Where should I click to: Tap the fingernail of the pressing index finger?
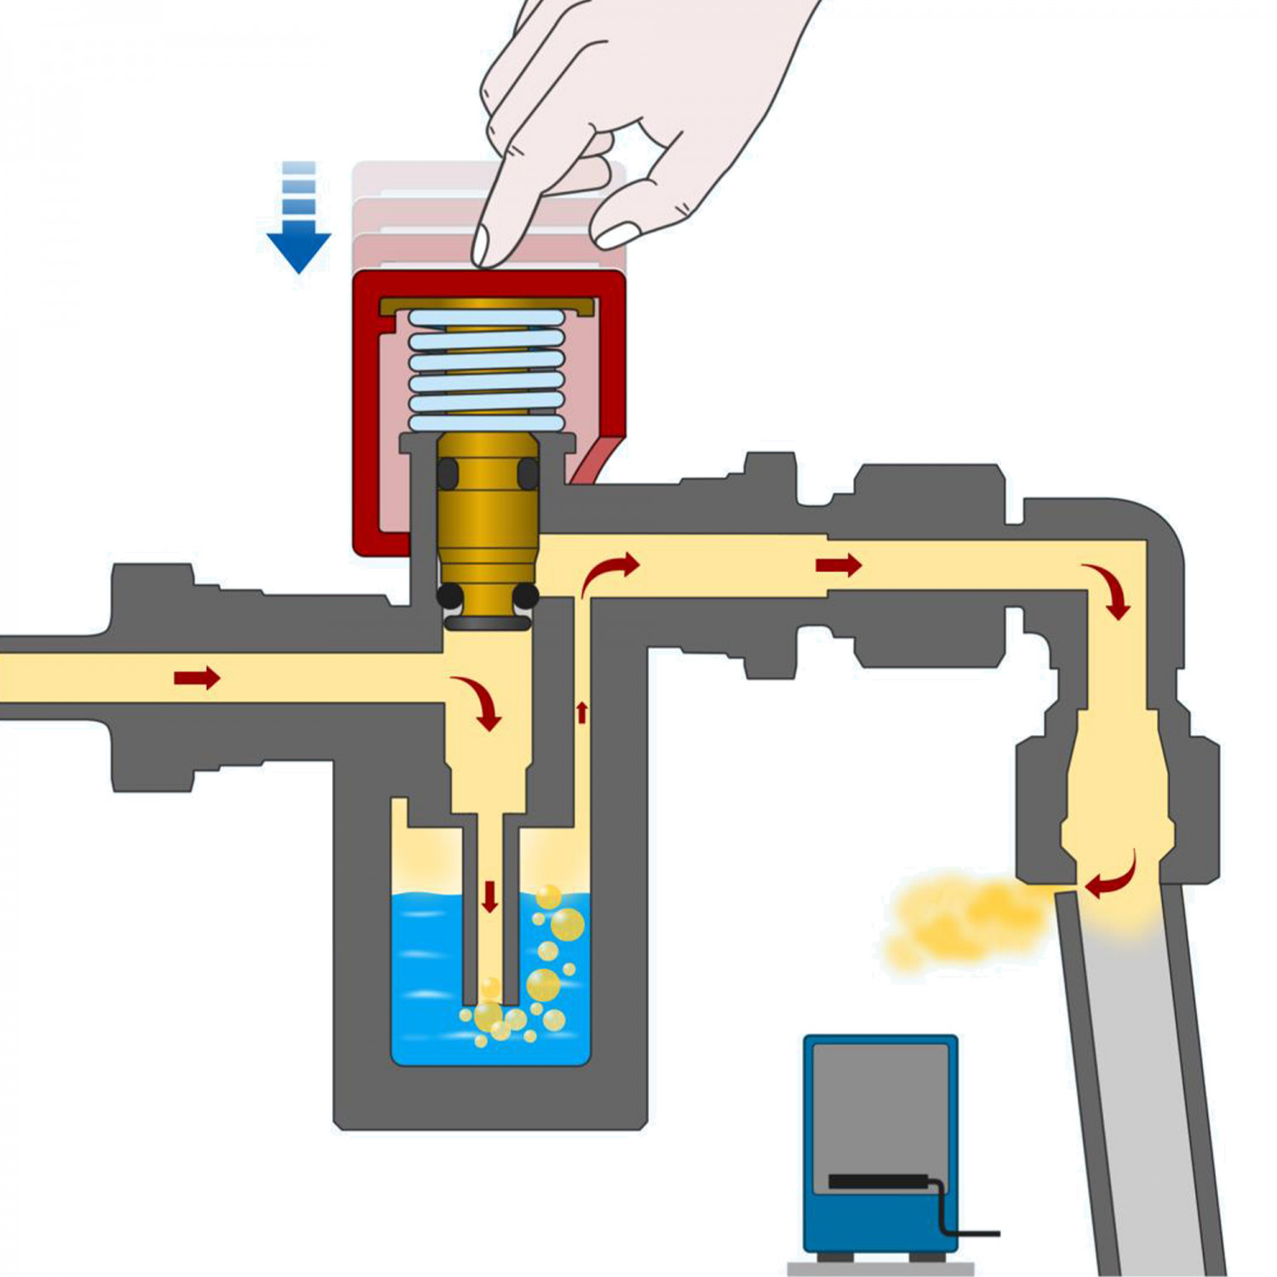[x=481, y=245]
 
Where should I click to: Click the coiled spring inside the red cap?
[x=486, y=370]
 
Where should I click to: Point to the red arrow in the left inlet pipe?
[x=197, y=678]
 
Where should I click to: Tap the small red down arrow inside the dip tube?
[x=490, y=896]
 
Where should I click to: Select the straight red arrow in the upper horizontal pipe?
[x=839, y=564]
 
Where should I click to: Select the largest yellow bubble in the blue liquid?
[x=567, y=925]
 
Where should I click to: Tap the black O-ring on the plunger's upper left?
[x=448, y=473]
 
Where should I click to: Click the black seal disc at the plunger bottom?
[x=488, y=623]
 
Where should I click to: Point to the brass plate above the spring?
[x=486, y=304]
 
